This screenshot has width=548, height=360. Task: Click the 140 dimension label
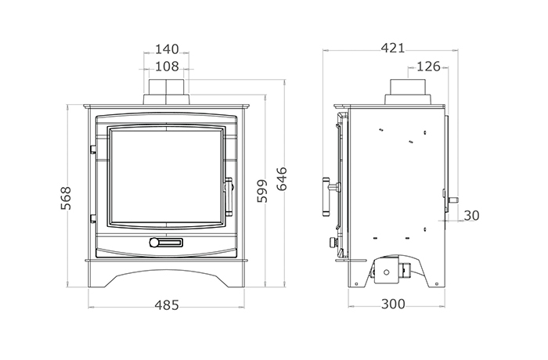point(167,49)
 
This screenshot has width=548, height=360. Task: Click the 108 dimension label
point(167,67)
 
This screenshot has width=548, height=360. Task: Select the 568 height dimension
point(66,198)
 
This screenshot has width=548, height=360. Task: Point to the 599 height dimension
point(261,191)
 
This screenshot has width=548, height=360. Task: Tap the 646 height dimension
point(282,179)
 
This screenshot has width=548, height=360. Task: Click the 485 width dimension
point(167,305)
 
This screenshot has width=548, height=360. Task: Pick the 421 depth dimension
point(393,48)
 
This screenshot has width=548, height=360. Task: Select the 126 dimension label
point(428,67)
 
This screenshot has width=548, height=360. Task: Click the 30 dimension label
point(471,216)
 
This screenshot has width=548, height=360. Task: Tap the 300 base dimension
point(393,304)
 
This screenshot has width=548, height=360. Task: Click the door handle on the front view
point(229,196)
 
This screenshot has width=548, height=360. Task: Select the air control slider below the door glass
point(166,242)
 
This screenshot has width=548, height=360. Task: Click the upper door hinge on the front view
point(93,149)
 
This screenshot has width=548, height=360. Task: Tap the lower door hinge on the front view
point(93,219)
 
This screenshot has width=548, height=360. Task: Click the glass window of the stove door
point(166,176)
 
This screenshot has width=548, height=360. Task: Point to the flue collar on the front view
point(166,92)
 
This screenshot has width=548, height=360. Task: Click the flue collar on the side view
point(408,92)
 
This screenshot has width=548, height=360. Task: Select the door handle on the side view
point(329,196)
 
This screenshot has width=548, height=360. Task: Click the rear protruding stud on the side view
point(454,200)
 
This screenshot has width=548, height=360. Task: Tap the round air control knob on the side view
point(333,242)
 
